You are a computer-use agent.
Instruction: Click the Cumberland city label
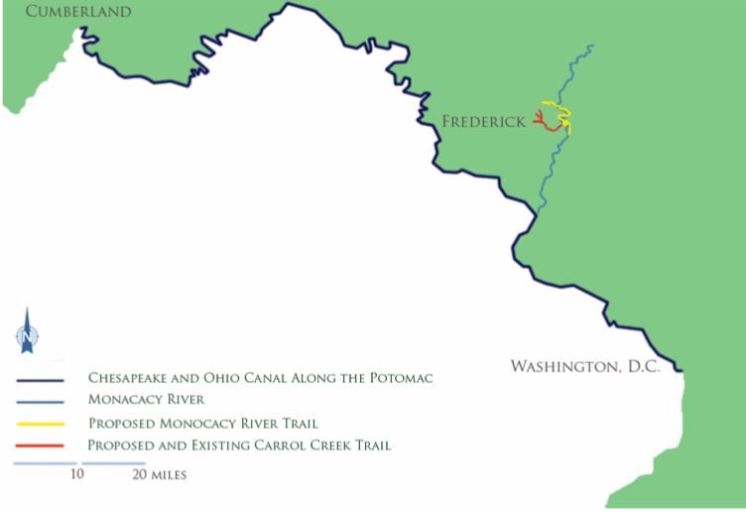click(65, 12)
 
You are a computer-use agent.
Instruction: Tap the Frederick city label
click(483, 122)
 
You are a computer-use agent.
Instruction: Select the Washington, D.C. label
click(585, 367)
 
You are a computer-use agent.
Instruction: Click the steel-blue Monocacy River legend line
click(40, 401)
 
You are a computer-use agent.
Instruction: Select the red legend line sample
click(40, 446)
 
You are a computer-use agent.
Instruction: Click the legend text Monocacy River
click(146, 400)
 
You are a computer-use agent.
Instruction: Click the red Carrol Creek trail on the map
click(548, 125)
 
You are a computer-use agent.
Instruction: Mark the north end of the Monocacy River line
click(591, 46)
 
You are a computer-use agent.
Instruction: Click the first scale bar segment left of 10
click(45, 462)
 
